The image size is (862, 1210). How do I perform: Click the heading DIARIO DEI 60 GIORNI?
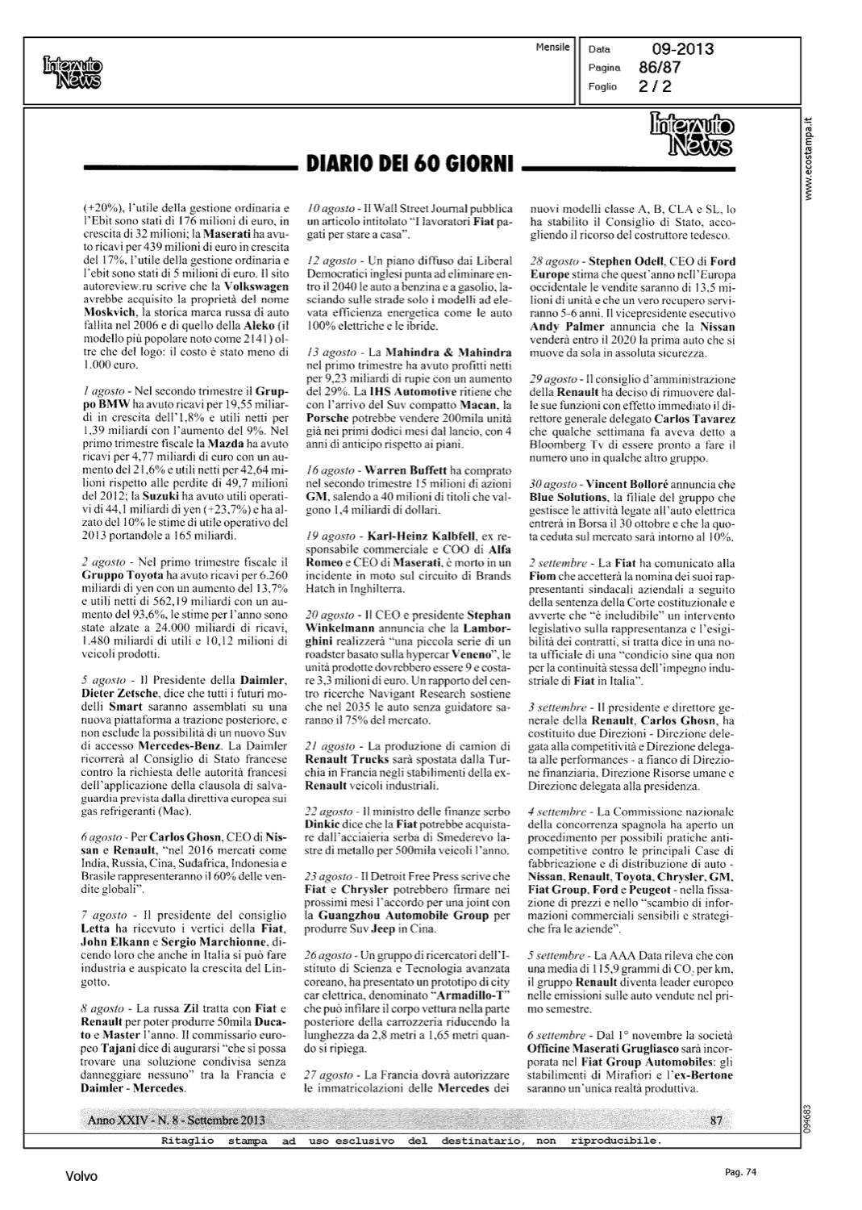409,166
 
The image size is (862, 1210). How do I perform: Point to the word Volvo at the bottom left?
81,1176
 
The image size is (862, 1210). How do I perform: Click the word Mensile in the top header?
552,48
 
